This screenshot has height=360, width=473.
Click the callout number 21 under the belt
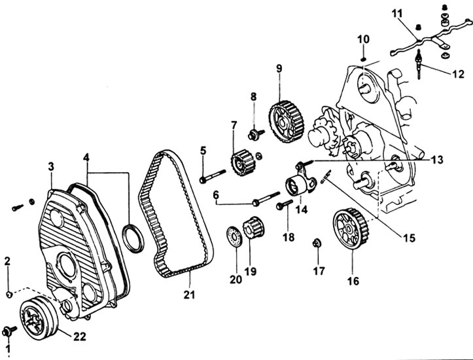point(189,294)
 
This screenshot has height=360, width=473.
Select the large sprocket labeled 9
point(286,122)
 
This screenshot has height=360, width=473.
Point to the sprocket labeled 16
point(351,228)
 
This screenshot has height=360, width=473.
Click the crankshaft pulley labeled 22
point(39,319)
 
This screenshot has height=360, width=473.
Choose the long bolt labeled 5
point(213,175)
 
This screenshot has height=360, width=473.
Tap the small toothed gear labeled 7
point(243,163)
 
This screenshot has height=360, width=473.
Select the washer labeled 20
point(234,236)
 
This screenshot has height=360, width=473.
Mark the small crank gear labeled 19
point(253,227)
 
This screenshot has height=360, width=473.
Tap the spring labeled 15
point(325,176)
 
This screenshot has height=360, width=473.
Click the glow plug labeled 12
point(419,64)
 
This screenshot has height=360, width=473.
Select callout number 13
point(437,159)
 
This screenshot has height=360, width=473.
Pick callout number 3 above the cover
point(51,166)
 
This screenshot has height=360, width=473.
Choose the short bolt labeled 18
point(284,205)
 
